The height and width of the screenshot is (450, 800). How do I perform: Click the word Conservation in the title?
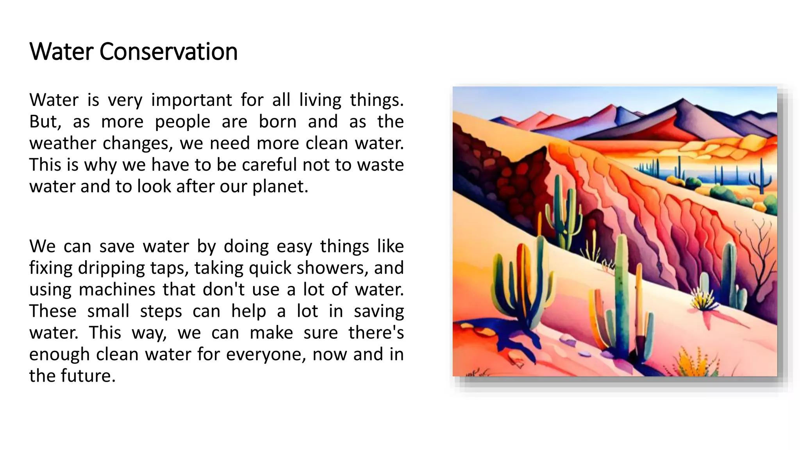(168, 52)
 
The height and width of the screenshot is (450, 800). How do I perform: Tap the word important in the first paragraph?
(191, 100)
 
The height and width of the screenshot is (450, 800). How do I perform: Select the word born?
(277, 121)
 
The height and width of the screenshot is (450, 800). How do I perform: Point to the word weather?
(62, 143)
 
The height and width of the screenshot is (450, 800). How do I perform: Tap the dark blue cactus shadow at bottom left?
(504, 336)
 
